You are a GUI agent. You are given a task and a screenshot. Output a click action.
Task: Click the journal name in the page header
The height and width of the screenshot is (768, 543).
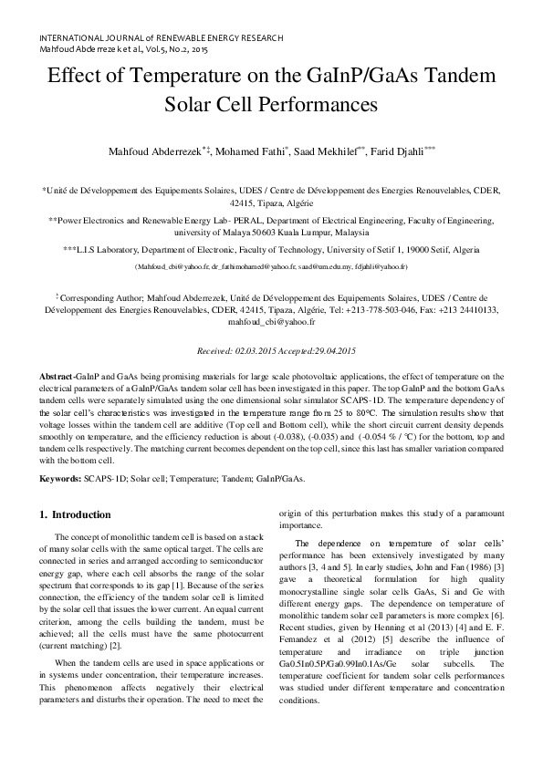pos(161,38)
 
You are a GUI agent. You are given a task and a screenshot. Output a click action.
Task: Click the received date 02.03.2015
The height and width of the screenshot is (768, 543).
pos(236,351)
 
